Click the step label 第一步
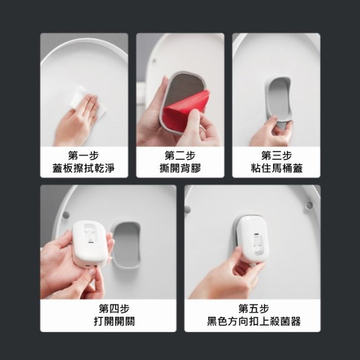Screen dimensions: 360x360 click(84, 155)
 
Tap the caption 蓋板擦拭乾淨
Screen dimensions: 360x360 click(84, 168)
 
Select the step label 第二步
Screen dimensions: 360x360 click(180, 155)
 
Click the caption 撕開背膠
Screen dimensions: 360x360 click(180, 168)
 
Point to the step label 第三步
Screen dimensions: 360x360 click(276, 155)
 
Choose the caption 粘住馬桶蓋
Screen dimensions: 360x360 click(276, 168)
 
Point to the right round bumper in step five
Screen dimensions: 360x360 click(309, 206)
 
